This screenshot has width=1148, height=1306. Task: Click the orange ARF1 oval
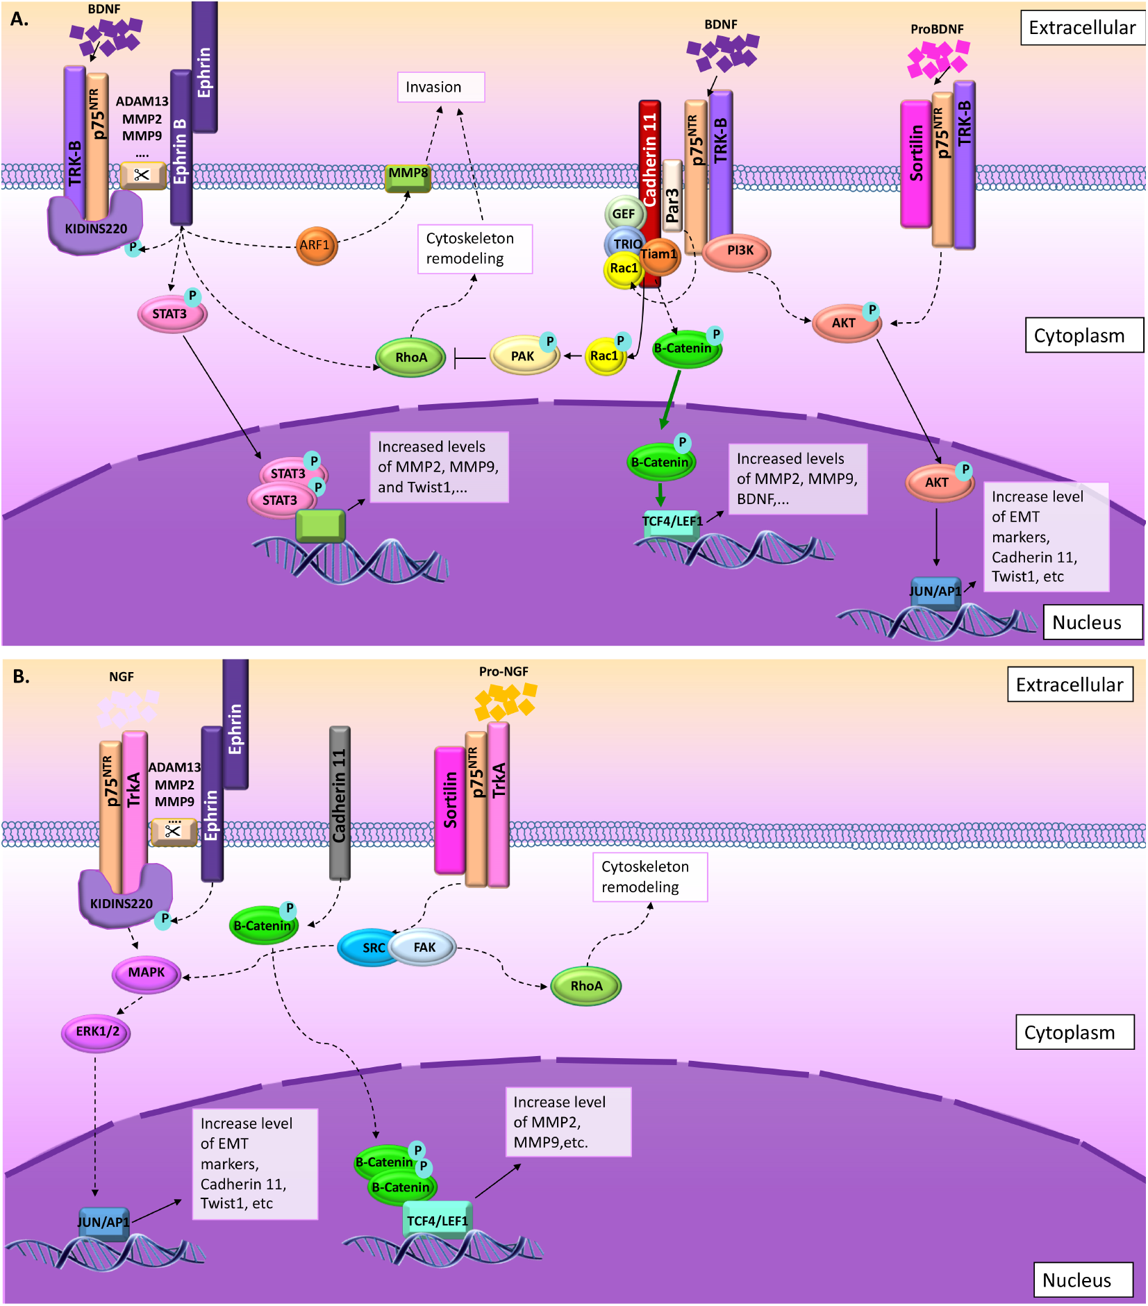click(x=316, y=245)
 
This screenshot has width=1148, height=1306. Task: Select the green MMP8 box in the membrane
click(x=408, y=177)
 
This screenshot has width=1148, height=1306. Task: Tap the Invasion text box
click(x=440, y=87)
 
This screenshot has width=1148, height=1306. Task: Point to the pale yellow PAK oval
click(x=524, y=355)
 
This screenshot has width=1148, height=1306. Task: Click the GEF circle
click(x=624, y=214)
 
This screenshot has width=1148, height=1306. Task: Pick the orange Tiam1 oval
click(x=658, y=255)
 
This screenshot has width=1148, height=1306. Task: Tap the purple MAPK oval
click(x=147, y=973)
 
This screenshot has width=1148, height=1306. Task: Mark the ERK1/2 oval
click(x=97, y=1032)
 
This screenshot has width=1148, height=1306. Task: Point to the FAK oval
click(x=424, y=947)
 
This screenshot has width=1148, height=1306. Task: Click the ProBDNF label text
click(x=937, y=29)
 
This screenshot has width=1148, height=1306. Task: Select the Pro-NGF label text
click(x=504, y=671)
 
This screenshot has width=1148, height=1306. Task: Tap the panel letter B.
click(x=21, y=676)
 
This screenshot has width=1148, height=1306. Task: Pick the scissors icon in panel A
click(x=142, y=175)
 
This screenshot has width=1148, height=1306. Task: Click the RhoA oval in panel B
click(x=585, y=986)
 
